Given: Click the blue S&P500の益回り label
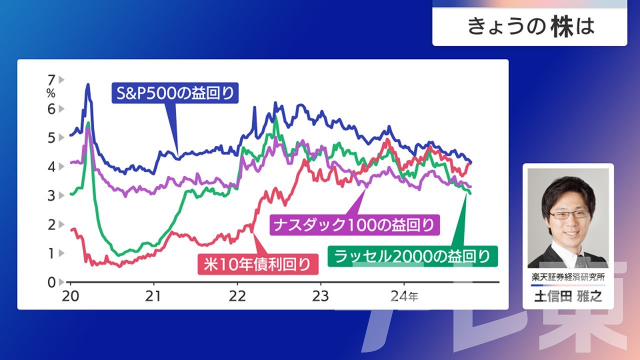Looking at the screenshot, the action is [175, 93].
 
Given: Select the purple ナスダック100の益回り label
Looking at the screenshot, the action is [354, 225].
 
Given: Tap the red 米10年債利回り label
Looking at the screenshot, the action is [258, 264].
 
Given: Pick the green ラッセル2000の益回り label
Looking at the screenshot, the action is [412, 256].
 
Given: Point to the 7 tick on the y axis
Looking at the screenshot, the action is [51, 79].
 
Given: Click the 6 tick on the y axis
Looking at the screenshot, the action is [51, 109].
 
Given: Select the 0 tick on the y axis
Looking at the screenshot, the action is [51, 282].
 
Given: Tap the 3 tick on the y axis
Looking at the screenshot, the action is [51, 195].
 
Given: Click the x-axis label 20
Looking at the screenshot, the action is [70, 296].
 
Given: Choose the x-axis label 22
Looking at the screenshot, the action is [237, 296].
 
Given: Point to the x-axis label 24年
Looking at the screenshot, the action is [404, 296].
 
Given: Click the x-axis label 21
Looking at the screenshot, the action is [153, 296].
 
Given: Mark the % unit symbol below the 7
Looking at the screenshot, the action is [51, 93].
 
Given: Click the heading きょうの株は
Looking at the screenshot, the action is [531, 27].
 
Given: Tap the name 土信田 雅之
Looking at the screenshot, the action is [568, 296].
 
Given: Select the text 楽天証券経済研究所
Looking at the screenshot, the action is [568, 277].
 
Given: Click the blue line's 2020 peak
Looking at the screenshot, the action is [87, 84].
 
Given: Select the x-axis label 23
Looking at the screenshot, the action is [320, 296].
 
